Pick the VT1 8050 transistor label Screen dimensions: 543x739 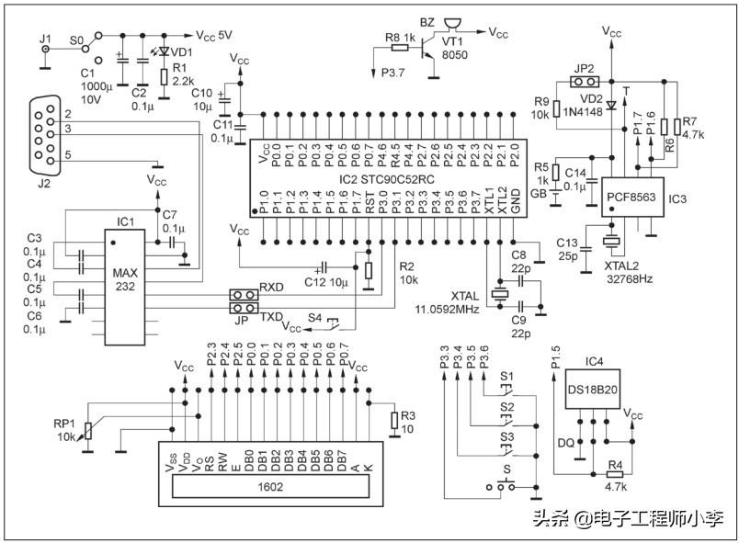click(x=454, y=48)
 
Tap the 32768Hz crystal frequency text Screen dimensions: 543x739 click(x=628, y=277)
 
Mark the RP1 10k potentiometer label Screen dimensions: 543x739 click(x=66, y=430)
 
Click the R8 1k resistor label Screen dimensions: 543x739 click(x=398, y=38)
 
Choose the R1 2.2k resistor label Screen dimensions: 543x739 click(x=179, y=74)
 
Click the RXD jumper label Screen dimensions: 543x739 click(x=271, y=287)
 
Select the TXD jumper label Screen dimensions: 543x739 click(x=271, y=315)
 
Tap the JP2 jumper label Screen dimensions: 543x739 click(x=584, y=68)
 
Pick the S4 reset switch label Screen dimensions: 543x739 click(x=315, y=317)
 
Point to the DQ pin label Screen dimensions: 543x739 click(x=566, y=444)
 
